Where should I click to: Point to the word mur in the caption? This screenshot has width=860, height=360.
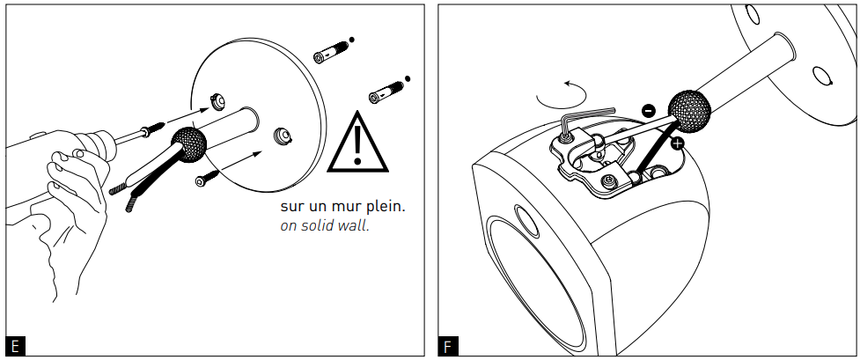tap(348, 207)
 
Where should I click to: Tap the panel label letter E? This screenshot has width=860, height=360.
tap(13, 346)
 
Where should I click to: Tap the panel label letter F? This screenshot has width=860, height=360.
tap(447, 346)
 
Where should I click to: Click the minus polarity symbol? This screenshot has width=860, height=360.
tap(648, 111)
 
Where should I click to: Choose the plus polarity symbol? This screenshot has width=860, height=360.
tap(678, 142)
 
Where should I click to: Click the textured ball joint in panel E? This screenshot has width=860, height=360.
tap(187, 143)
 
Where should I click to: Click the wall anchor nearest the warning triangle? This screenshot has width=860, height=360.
tap(385, 90)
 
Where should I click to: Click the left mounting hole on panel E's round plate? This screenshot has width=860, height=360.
tap(215, 99)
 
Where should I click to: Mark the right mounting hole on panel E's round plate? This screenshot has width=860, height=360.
tap(282, 135)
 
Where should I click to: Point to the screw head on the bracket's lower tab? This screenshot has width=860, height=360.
tap(608, 182)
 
